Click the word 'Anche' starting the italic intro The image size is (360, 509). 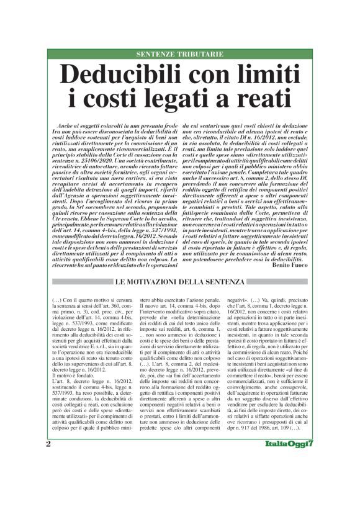pos(64,125)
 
